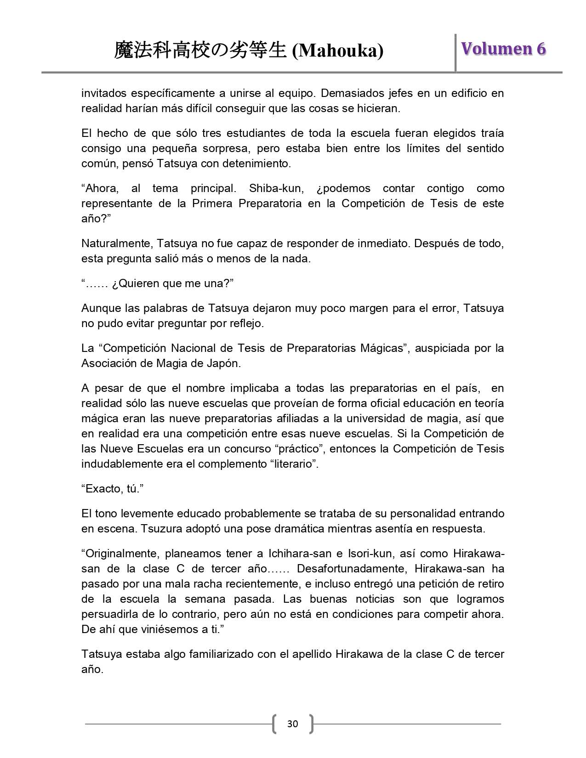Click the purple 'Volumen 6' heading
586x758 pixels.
(x=503, y=49)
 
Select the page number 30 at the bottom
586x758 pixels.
(x=292, y=724)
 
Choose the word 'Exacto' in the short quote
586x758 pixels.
(x=103, y=489)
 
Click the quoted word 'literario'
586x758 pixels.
(x=294, y=464)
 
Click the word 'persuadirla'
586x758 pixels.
(x=108, y=614)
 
